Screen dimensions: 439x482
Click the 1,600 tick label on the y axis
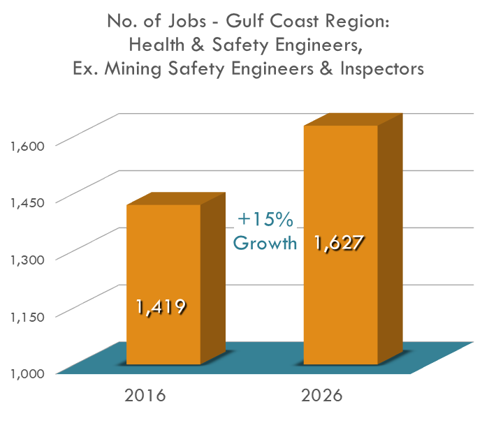(27, 145)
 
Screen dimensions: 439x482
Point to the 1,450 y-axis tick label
(27, 202)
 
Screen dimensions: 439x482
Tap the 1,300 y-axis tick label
(27, 258)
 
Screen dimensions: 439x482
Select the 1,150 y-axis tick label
(27, 315)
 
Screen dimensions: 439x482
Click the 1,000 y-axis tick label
(27, 372)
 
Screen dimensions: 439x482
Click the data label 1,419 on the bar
(161, 306)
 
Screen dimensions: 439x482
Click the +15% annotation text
(265, 220)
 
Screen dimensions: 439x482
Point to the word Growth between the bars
(265, 244)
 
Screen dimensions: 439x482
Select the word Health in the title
(157, 45)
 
